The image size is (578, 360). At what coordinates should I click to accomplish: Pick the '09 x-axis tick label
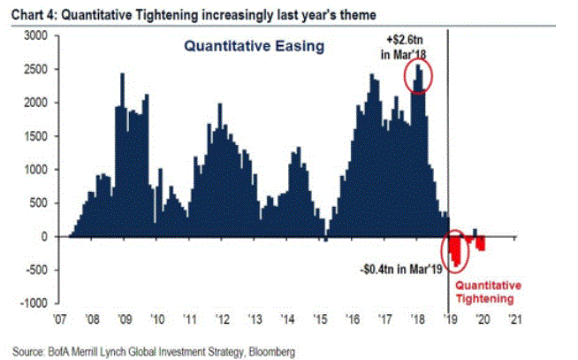click(x=125, y=318)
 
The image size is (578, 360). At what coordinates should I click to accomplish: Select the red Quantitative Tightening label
click(x=489, y=293)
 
